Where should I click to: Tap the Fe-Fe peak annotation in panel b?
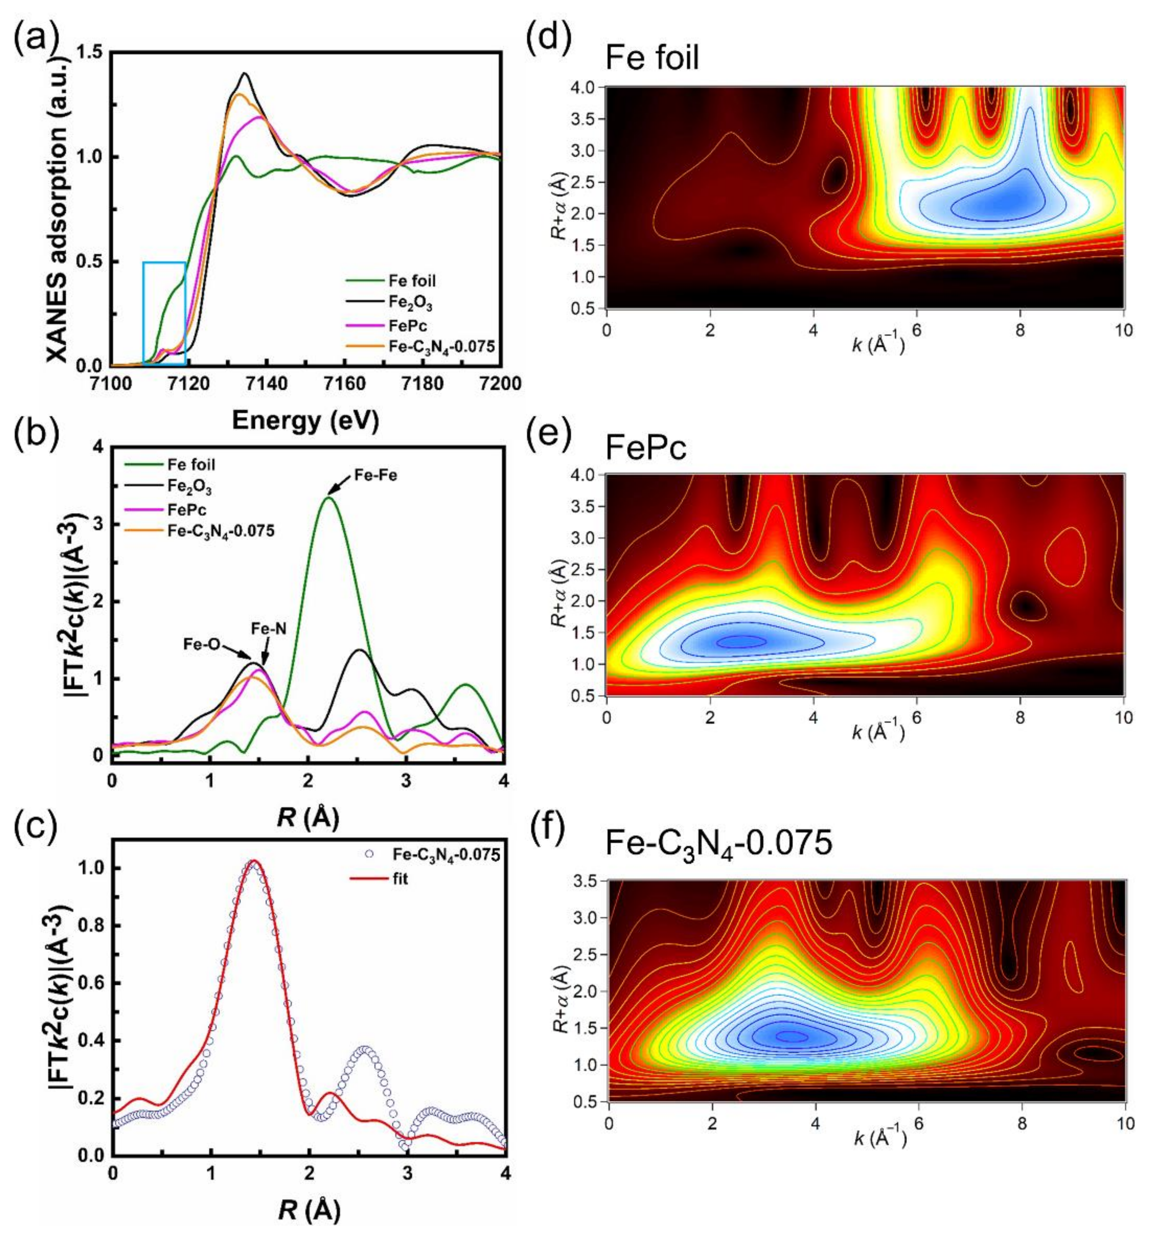(375, 475)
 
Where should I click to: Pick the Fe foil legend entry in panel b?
(190, 464)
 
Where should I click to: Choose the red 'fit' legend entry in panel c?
(400, 879)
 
